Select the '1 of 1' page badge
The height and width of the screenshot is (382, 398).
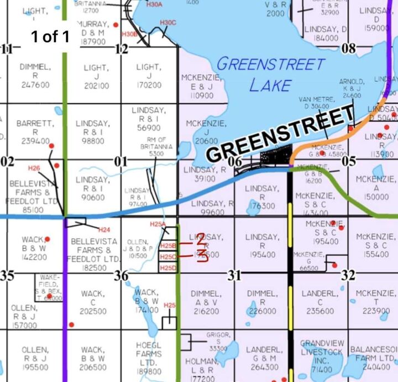point(51,37)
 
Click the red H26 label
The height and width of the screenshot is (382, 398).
point(34,167)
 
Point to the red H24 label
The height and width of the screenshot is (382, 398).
point(103,229)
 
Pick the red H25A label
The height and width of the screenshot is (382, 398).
point(158,224)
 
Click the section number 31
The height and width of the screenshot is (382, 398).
point(234,275)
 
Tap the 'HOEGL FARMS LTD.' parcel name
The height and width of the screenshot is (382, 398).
point(148,353)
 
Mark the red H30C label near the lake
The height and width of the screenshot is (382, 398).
point(167,22)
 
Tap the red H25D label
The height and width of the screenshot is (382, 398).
point(167,268)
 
